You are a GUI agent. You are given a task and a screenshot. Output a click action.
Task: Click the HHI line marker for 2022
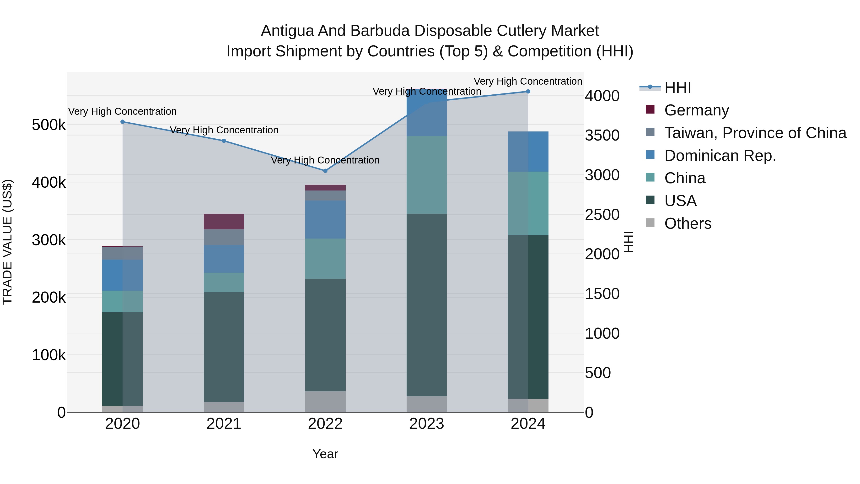[x=325, y=171]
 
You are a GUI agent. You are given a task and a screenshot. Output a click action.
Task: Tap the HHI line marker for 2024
[x=528, y=92]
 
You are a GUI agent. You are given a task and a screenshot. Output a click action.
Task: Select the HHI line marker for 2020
[x=123, y=122]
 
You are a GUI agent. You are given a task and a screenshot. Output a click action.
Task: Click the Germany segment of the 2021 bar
[x=224, y=222]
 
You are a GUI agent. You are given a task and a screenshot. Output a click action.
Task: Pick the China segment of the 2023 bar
[x=427, y=175]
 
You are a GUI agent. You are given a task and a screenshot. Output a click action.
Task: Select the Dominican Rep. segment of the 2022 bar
[x=325, y=219]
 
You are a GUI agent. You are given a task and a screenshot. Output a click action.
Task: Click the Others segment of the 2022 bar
[x=325, y=402]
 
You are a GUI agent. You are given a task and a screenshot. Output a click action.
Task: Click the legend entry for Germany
[x=696, y=110]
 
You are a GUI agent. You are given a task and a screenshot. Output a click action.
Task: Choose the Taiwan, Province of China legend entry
[x=755, y=133]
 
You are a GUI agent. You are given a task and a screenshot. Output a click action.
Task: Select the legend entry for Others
[x=688, y=223]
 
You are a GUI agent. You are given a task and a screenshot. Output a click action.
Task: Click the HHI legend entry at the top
[x=677, y=87]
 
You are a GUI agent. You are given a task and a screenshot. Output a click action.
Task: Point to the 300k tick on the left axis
[x=49, y=240]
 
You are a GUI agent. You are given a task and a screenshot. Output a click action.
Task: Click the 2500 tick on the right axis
[x=602, y=214]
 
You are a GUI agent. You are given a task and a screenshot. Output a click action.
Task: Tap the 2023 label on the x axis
[x=427, y=424]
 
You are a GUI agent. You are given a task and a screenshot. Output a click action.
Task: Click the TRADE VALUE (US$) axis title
[x=7, y=242]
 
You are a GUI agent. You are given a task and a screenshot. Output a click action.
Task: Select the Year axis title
[x=325, y=454]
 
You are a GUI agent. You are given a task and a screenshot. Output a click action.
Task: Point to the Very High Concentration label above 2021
[x=224, y=130]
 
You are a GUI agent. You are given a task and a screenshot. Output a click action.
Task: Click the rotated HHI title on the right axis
[x=628, y=242]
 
